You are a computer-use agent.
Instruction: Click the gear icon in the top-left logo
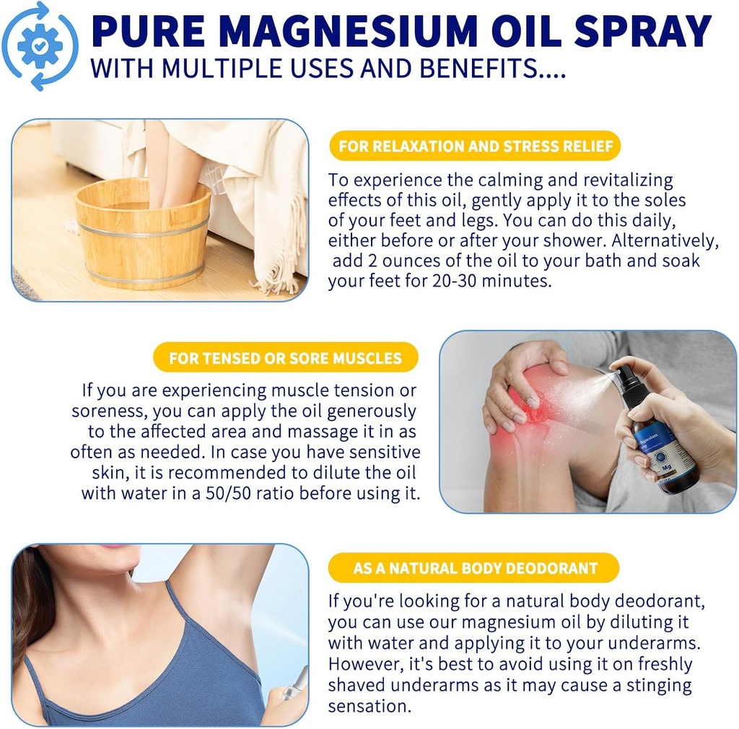pyautogui.click(x=39, y=45)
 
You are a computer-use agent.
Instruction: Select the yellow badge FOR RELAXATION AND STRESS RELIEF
pyautogui.click(x=475, y=147)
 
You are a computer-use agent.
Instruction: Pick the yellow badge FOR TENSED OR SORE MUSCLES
pyautogui.click(x=285, y=358)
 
